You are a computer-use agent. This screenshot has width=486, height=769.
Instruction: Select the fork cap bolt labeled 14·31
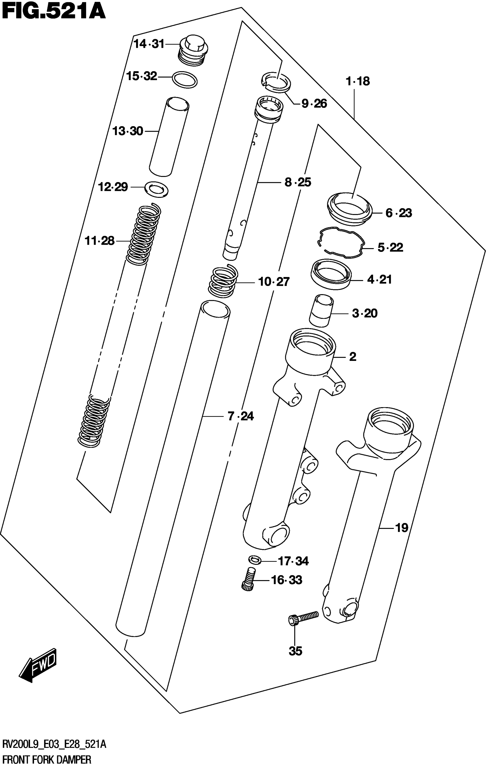click(193, 51)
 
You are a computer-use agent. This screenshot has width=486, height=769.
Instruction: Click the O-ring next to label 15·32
click(184, 79)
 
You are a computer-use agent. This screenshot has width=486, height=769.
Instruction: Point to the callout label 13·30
click(128, 131)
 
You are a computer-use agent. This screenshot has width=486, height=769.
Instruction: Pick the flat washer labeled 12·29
click(156, 189)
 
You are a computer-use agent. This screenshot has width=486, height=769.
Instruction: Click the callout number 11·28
click(99, 240)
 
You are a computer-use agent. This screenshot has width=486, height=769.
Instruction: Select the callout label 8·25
click(298, 182)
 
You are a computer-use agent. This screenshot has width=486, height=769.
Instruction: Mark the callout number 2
click(352, 356)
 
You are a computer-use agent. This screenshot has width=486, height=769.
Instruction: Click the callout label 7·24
click(241, 416)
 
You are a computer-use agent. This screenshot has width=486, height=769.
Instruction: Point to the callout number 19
click(401, 528)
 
